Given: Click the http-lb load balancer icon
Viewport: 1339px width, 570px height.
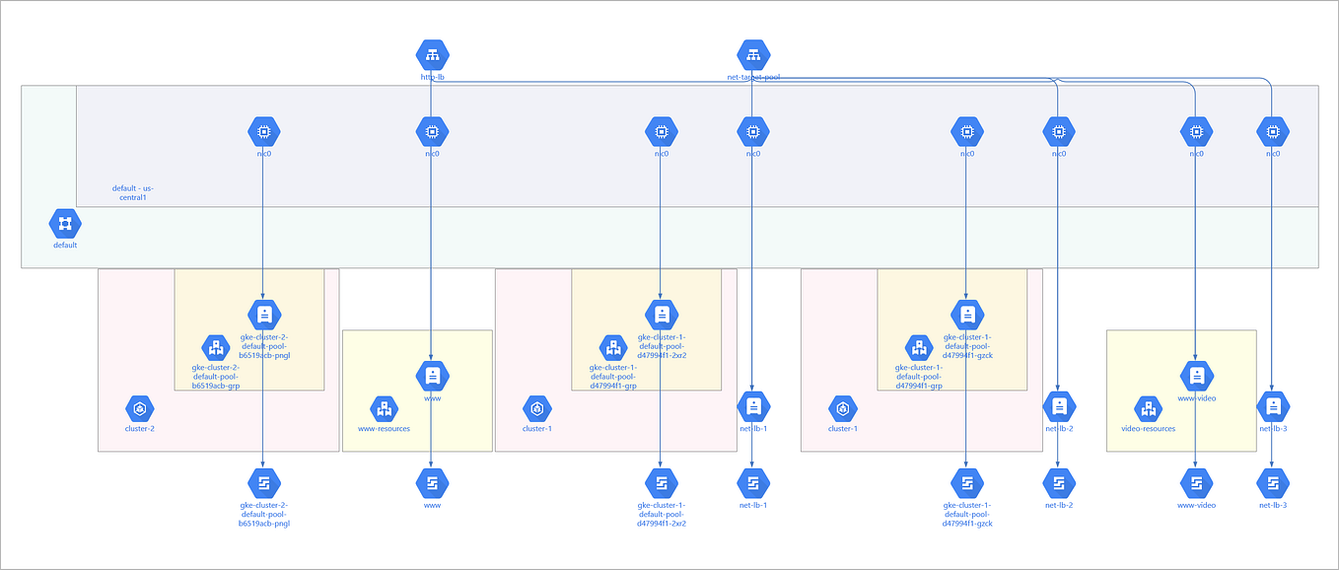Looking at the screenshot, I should [x=432, y=54].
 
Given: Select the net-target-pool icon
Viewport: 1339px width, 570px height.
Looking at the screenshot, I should [x=753, y=54].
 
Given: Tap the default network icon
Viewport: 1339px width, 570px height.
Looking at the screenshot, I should [x=65, y=224].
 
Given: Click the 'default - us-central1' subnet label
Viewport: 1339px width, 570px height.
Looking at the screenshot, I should [x=133, y=192].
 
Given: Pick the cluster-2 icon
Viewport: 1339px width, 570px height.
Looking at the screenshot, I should [x=140, y=408].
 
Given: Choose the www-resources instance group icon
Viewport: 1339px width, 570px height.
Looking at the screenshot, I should [x=384, y=408].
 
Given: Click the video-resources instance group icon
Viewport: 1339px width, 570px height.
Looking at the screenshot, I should [x=1148, y=408].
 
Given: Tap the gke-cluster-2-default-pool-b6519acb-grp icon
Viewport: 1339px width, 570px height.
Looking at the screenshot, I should [x=216, y=347].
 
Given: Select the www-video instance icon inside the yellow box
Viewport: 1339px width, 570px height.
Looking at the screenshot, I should [x=1196, y=376].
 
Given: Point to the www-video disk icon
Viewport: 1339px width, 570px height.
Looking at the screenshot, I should [x=1196, y=483].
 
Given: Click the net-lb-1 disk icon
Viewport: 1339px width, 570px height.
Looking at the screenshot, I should [x=753, y=483].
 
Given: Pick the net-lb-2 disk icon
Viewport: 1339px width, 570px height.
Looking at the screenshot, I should [x=1059, y=483].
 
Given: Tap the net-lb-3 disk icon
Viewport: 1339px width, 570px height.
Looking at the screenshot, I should [x=1273, y=483].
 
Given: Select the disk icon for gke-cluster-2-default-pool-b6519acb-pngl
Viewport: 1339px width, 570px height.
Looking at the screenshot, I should [x=264, y=483].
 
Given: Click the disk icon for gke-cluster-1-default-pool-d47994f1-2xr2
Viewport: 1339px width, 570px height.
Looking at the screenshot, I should [x=662, y=483].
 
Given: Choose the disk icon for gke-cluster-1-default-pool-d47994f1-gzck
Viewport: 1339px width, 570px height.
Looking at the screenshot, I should [x=967, y=483].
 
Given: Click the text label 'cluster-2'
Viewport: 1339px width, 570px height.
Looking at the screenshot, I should [x=140, y=429].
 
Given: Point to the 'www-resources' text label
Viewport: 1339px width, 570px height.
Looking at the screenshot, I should [x=384, y=429].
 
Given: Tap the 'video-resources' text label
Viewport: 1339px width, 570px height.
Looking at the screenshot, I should [x=1148, y=429].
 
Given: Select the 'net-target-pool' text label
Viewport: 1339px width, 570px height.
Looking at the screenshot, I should [x=753, y=77].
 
